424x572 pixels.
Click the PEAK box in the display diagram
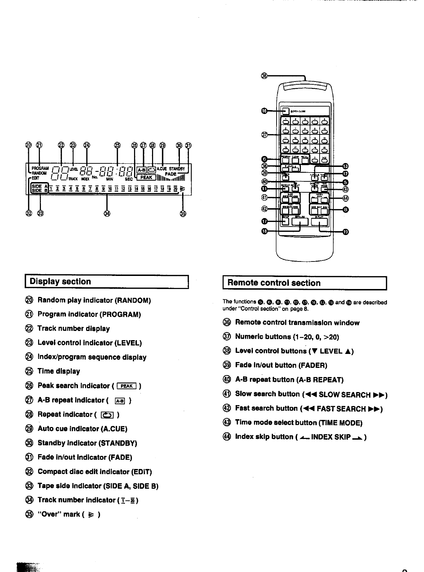(x=146, y=177)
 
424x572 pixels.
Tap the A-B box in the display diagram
(x=141, y=169)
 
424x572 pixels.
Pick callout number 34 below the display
(x=107, y=213)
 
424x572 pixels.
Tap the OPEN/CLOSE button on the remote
(x=285, y=111)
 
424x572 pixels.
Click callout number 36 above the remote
(x=265, y=75)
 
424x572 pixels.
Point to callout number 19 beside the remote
(x=346, y=232)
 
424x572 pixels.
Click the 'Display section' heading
(x=60, y=282)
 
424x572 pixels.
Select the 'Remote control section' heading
(x=274, y=283)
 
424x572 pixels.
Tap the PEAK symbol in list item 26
(x=126, y=386)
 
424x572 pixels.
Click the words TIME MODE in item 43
(x=341, y=423)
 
